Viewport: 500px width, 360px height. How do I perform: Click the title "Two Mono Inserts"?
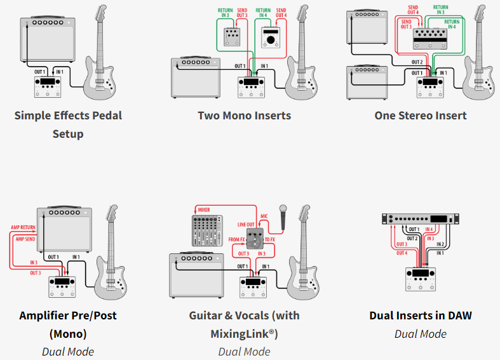pos(244,116)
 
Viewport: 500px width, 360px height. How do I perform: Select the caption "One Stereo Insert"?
pos(421,116)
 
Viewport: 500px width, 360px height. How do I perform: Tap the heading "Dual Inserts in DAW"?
pos(421,316)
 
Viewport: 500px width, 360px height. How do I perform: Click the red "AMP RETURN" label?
pos(24,227)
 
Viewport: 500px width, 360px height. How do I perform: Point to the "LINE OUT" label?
pos(246,225)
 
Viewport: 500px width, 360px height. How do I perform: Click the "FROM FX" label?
pos(237,240)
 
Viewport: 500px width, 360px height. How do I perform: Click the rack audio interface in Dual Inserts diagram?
pos(420,219)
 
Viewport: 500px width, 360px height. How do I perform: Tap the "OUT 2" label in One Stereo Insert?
pos(417,62)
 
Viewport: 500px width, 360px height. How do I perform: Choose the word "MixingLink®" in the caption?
pos(244,334)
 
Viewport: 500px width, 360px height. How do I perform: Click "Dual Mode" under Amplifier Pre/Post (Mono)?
pos(68,351)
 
